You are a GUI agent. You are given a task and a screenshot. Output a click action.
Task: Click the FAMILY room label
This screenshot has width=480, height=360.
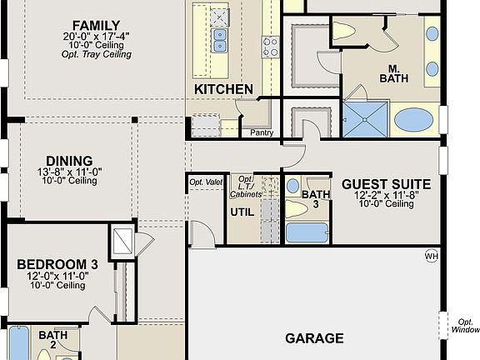pyautogui.click(x=97, y=25)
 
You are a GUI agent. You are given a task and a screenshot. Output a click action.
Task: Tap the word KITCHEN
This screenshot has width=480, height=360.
pyautogui.click(x=223, y=89)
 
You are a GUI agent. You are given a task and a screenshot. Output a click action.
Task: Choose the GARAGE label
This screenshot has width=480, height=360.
pyautogui.click(x=314, y=338)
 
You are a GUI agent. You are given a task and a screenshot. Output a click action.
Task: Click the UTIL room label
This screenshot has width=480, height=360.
pyautogui.click(x=242, y=212)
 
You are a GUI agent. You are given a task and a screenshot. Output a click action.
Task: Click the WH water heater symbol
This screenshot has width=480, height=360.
pyautogui.click(x=432, y=255)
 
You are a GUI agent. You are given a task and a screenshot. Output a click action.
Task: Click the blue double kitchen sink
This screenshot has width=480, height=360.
pyautogui.click(x=219, y=35)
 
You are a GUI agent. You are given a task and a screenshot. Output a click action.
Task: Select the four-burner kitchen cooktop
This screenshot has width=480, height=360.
pyautogui.click(x=271, y=45)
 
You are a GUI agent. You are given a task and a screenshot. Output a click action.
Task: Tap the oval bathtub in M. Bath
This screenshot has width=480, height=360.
pyautogui.click(x=414, y=120)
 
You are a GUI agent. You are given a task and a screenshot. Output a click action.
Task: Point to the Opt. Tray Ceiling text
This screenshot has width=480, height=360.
pyautogui.click(x=97, y=54)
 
